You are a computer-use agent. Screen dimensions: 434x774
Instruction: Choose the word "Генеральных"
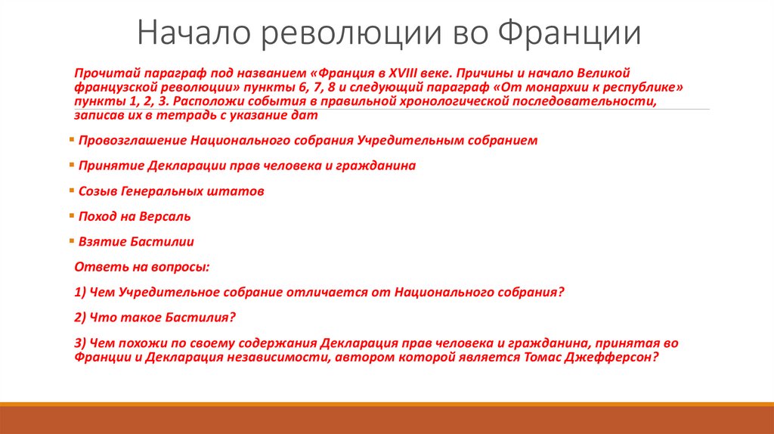point(165,192)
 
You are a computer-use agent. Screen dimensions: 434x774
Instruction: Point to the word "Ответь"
point(95,267)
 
